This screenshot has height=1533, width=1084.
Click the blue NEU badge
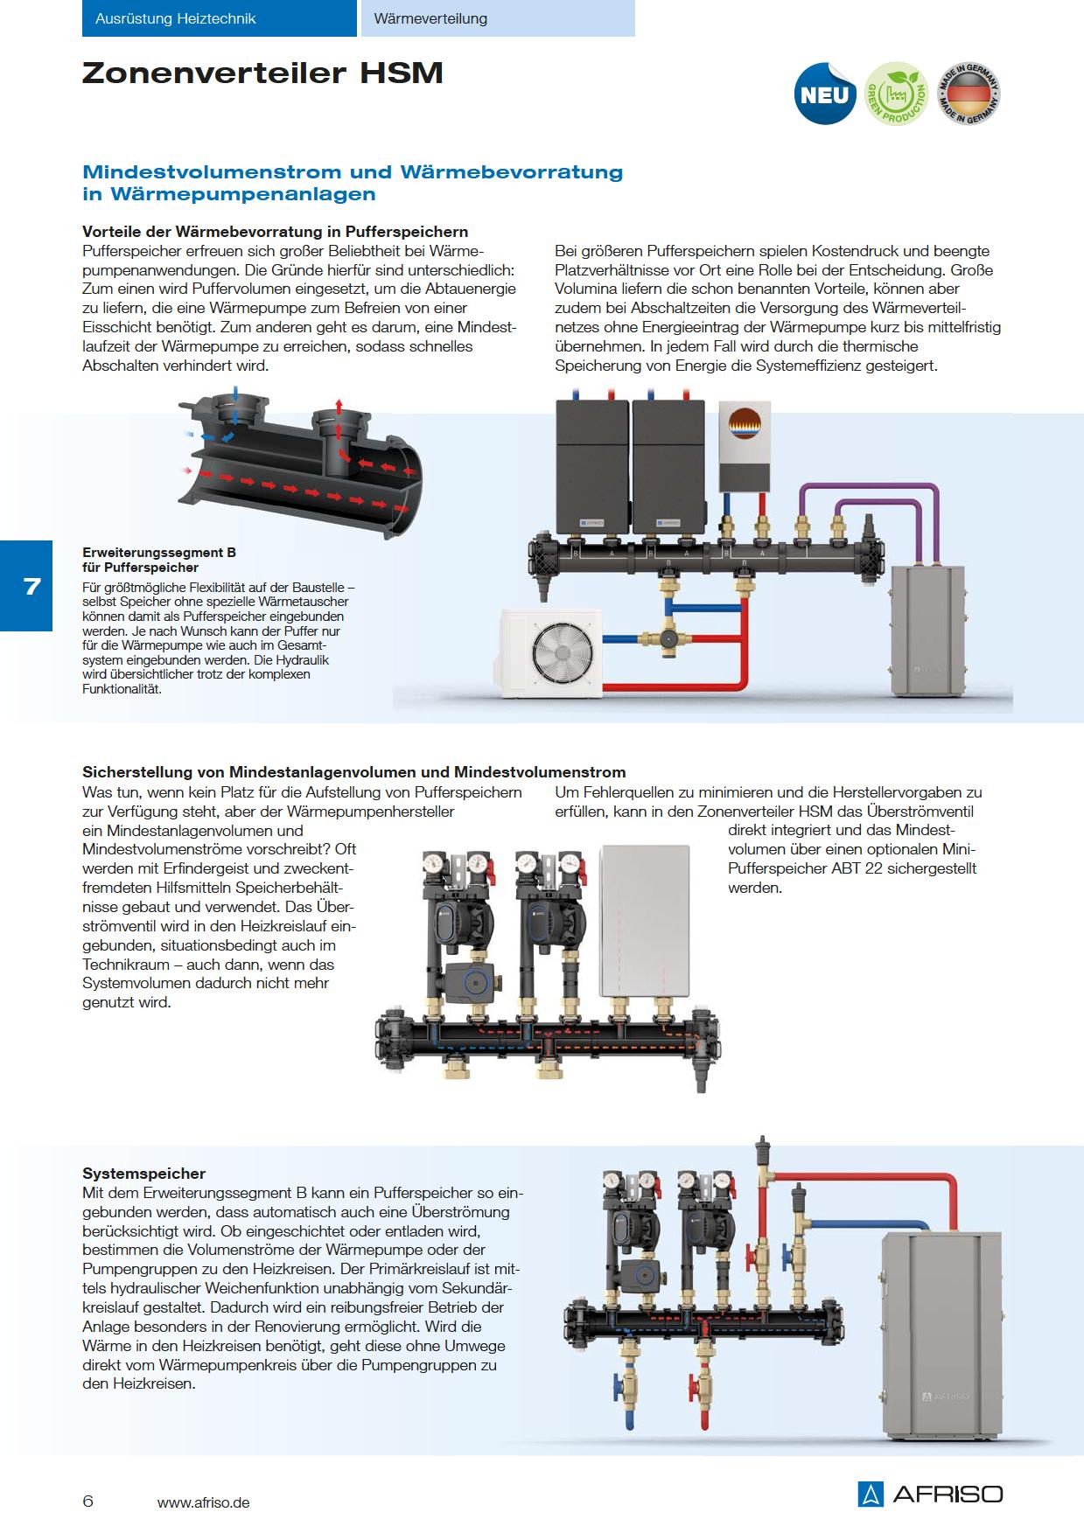coord(824,94)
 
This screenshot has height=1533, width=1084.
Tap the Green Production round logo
coord(896,94)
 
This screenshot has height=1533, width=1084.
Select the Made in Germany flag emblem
coord(968,94)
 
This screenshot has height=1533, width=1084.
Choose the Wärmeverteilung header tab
coord(497,18)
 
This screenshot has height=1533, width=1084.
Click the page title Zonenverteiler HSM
coord(262,73)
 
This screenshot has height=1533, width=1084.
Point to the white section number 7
coord(32,586)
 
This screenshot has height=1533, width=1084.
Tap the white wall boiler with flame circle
coord(745,446)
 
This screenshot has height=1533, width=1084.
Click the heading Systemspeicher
coord(143,1174)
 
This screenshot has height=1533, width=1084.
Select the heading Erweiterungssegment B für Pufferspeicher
coord(159,560)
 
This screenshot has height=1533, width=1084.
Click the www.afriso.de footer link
coord(203,1502)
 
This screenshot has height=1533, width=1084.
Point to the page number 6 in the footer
coord(87,1502)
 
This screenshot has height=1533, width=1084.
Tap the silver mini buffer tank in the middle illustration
coord(645,921)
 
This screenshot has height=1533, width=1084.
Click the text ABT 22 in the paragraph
coord(859,868)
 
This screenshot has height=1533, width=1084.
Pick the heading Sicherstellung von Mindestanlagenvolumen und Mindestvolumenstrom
coord(353,772)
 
